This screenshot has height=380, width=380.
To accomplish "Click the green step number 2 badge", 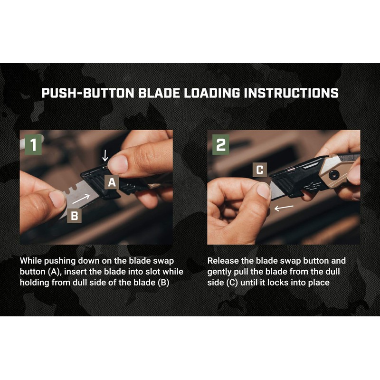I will (x=220, y=144).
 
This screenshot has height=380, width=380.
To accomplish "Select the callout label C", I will (x=260, y=170).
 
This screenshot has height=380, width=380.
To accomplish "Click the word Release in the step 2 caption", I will (x=222, y=261).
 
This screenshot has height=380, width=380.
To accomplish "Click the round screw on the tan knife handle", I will (x=333, y=175).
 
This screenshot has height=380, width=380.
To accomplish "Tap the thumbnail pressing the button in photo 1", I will (x=118, y=164).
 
